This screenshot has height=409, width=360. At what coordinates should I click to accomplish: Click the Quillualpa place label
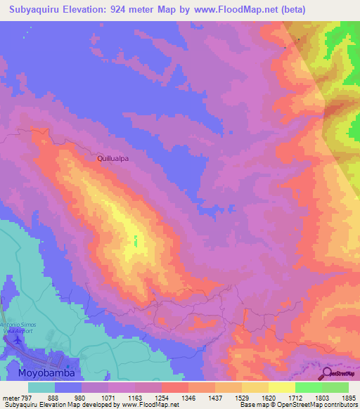[x=112, y=159]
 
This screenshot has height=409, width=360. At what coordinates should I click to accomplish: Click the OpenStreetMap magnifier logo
[x=328, y=372]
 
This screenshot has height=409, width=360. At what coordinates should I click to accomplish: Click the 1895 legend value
[x=349, y=398]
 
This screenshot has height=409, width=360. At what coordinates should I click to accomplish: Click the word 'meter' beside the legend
[x=10, y=398]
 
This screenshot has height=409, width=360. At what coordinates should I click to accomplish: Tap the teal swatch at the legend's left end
[x=41, y=387]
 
